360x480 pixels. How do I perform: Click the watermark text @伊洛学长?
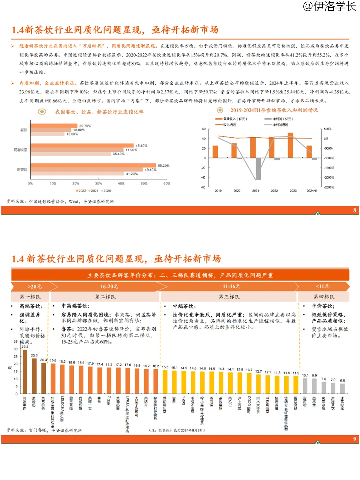click(x=329, y=6)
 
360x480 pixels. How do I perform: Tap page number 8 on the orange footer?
click(x=355, y=210)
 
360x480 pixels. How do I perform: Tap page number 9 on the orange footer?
click(x=355, y=439)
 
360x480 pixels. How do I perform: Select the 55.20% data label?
click(x=164, y=165)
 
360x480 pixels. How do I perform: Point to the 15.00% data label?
click(x=72, y=134)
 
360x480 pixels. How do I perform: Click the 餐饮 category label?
click(x=24, y=130)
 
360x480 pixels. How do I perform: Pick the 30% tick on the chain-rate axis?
click(x=98, y=183)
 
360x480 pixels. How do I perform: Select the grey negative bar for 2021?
click(x=258, y=168)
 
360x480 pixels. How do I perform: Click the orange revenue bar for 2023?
click(x=290, y=145)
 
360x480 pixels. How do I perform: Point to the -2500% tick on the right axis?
click(x=329, y=187)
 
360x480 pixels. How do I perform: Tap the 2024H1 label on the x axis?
click(x=312, y=191)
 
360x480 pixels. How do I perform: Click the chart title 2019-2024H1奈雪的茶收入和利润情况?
click(x=274, y=110)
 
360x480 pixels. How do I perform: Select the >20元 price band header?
click(x=34, y=287)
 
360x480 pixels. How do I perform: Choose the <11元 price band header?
click(x=322, y=287)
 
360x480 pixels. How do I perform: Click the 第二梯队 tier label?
click(x=105, y=297)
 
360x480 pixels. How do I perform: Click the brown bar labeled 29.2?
click(x=25, y=371)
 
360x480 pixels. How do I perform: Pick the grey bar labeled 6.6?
click(x=342, y=388)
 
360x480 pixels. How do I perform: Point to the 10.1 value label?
click(x=305, y=375)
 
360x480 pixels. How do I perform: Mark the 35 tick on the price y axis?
click(x=16, y=342)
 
